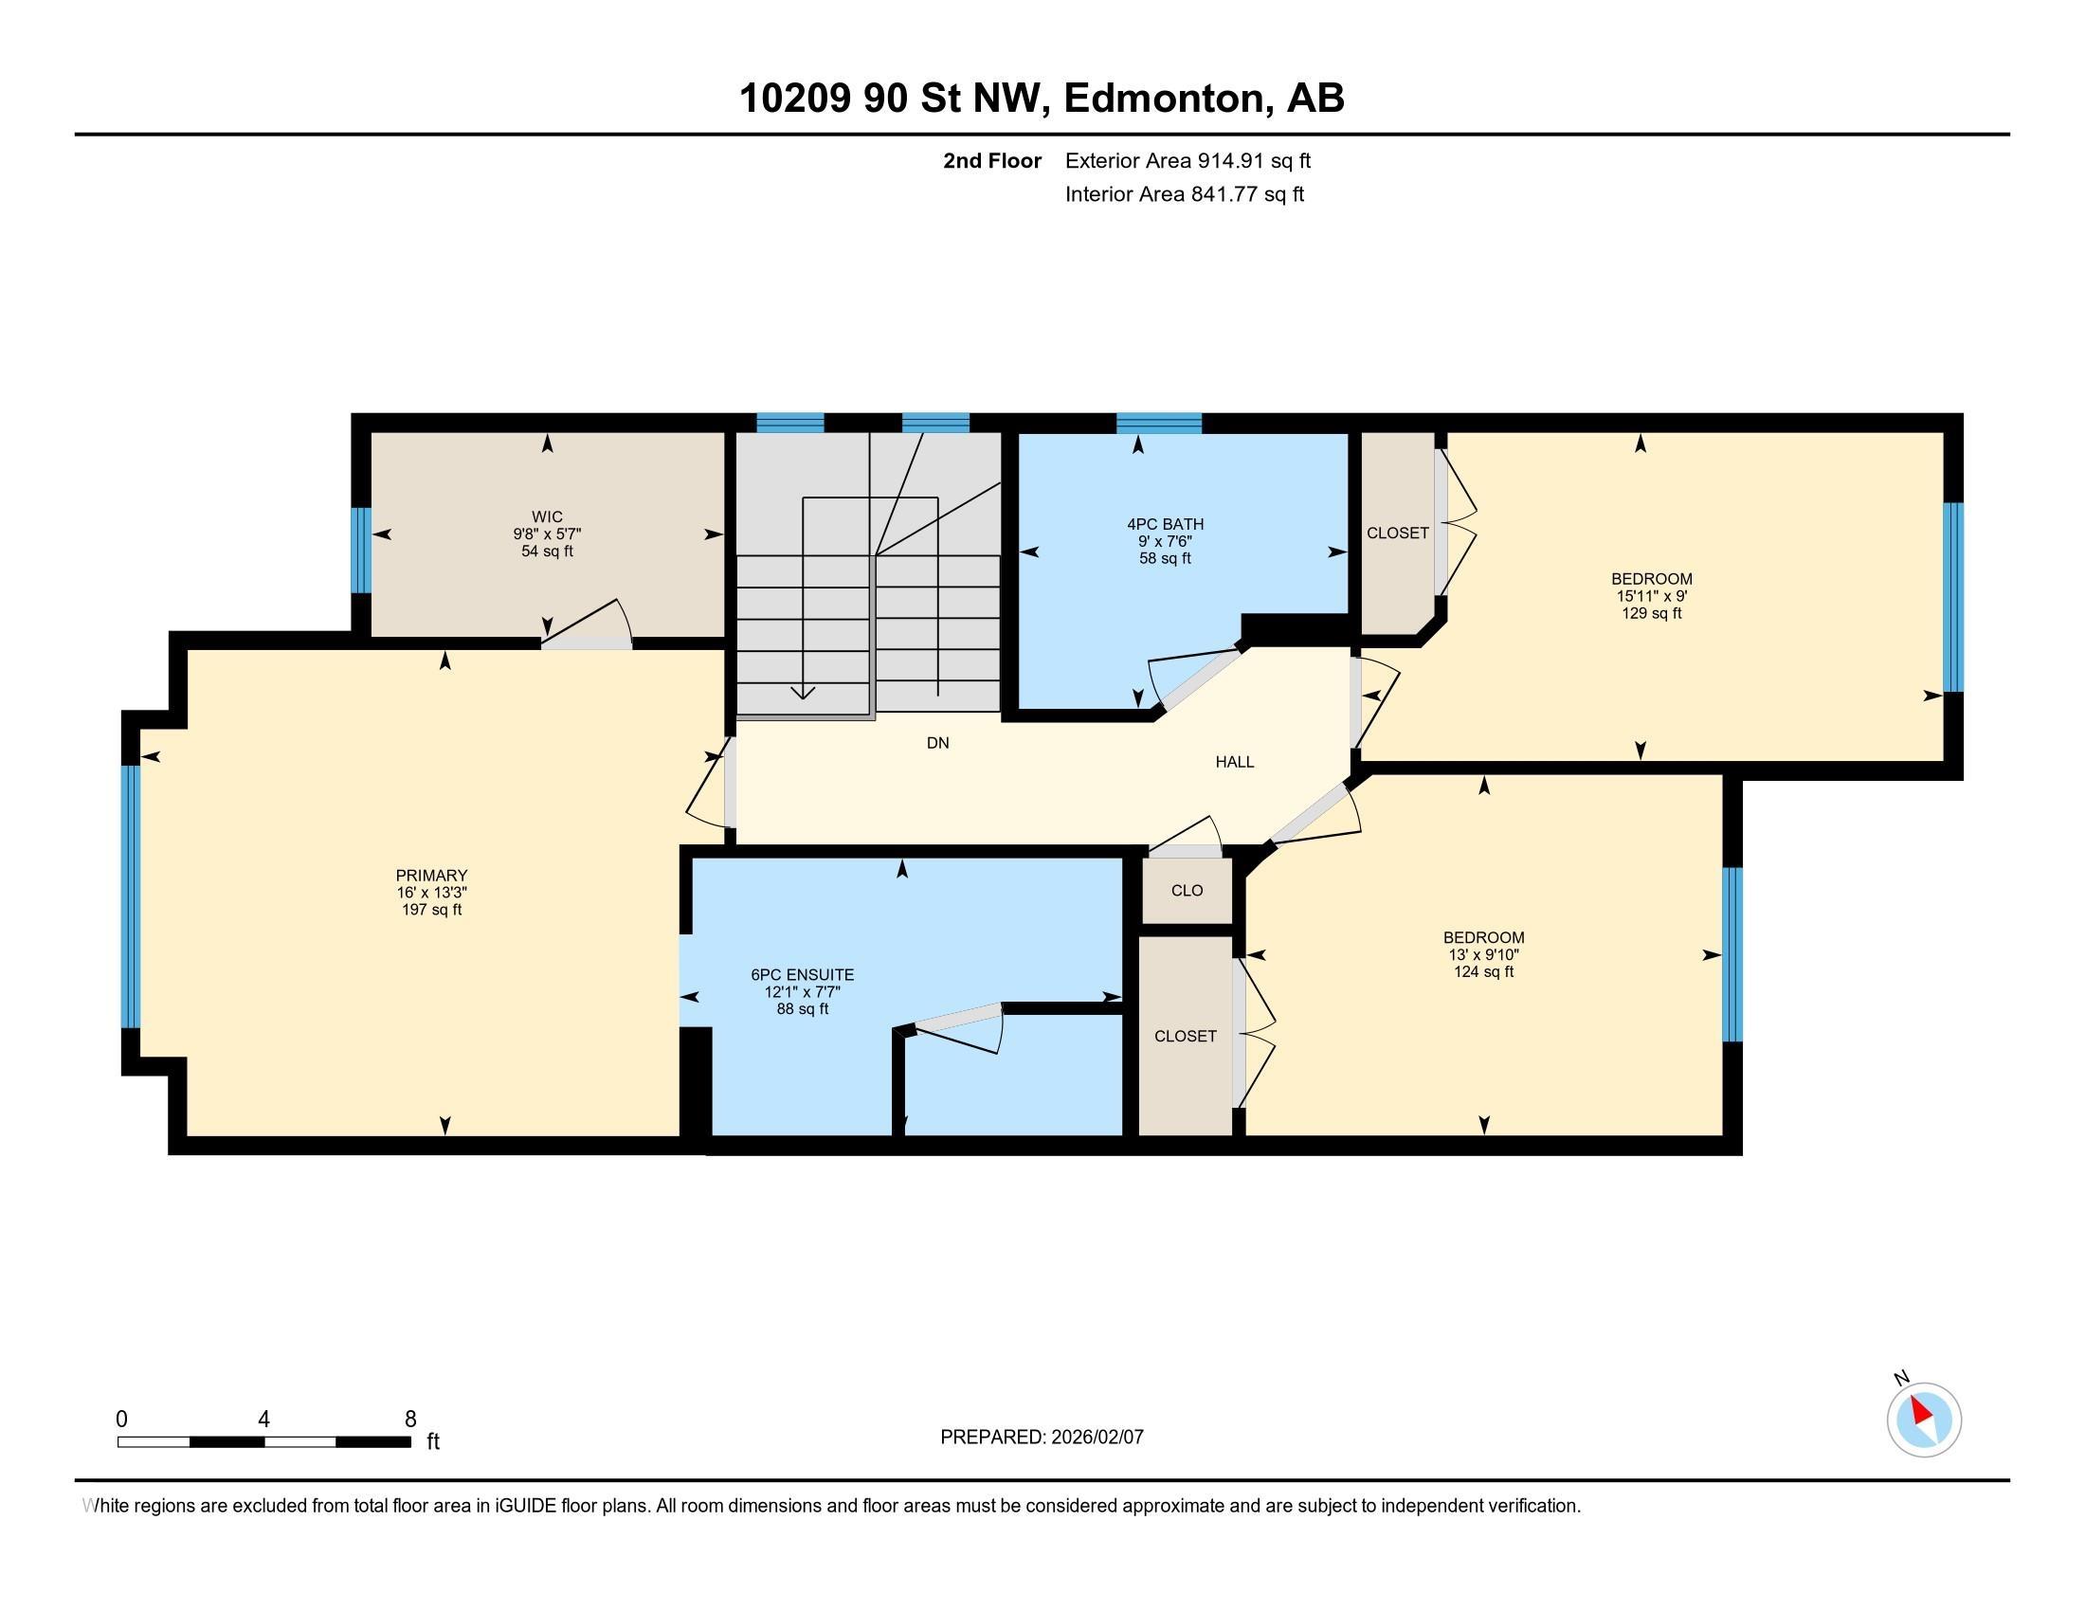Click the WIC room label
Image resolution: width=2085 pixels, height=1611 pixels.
547,517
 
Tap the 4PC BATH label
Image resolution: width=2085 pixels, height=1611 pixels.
1165,524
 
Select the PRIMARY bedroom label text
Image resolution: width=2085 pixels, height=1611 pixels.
431,876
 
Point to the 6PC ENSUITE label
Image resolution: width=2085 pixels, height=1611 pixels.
802,974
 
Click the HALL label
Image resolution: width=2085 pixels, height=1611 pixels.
1234,762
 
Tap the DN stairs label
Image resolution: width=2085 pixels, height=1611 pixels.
937,743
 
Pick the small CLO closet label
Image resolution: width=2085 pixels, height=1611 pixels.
1187,891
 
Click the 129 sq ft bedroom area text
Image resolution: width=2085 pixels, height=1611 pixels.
1652,613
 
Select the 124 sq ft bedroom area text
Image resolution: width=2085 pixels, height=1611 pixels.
1483,971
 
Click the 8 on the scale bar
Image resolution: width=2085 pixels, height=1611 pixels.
410,1420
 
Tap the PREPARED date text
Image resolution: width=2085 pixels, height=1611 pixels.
1042,1437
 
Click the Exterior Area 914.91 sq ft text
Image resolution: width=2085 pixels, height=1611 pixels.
1188,160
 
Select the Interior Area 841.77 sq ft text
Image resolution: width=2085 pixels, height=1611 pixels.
1184,193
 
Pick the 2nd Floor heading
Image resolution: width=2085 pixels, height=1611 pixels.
992,160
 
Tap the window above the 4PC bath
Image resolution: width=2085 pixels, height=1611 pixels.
1159,423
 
